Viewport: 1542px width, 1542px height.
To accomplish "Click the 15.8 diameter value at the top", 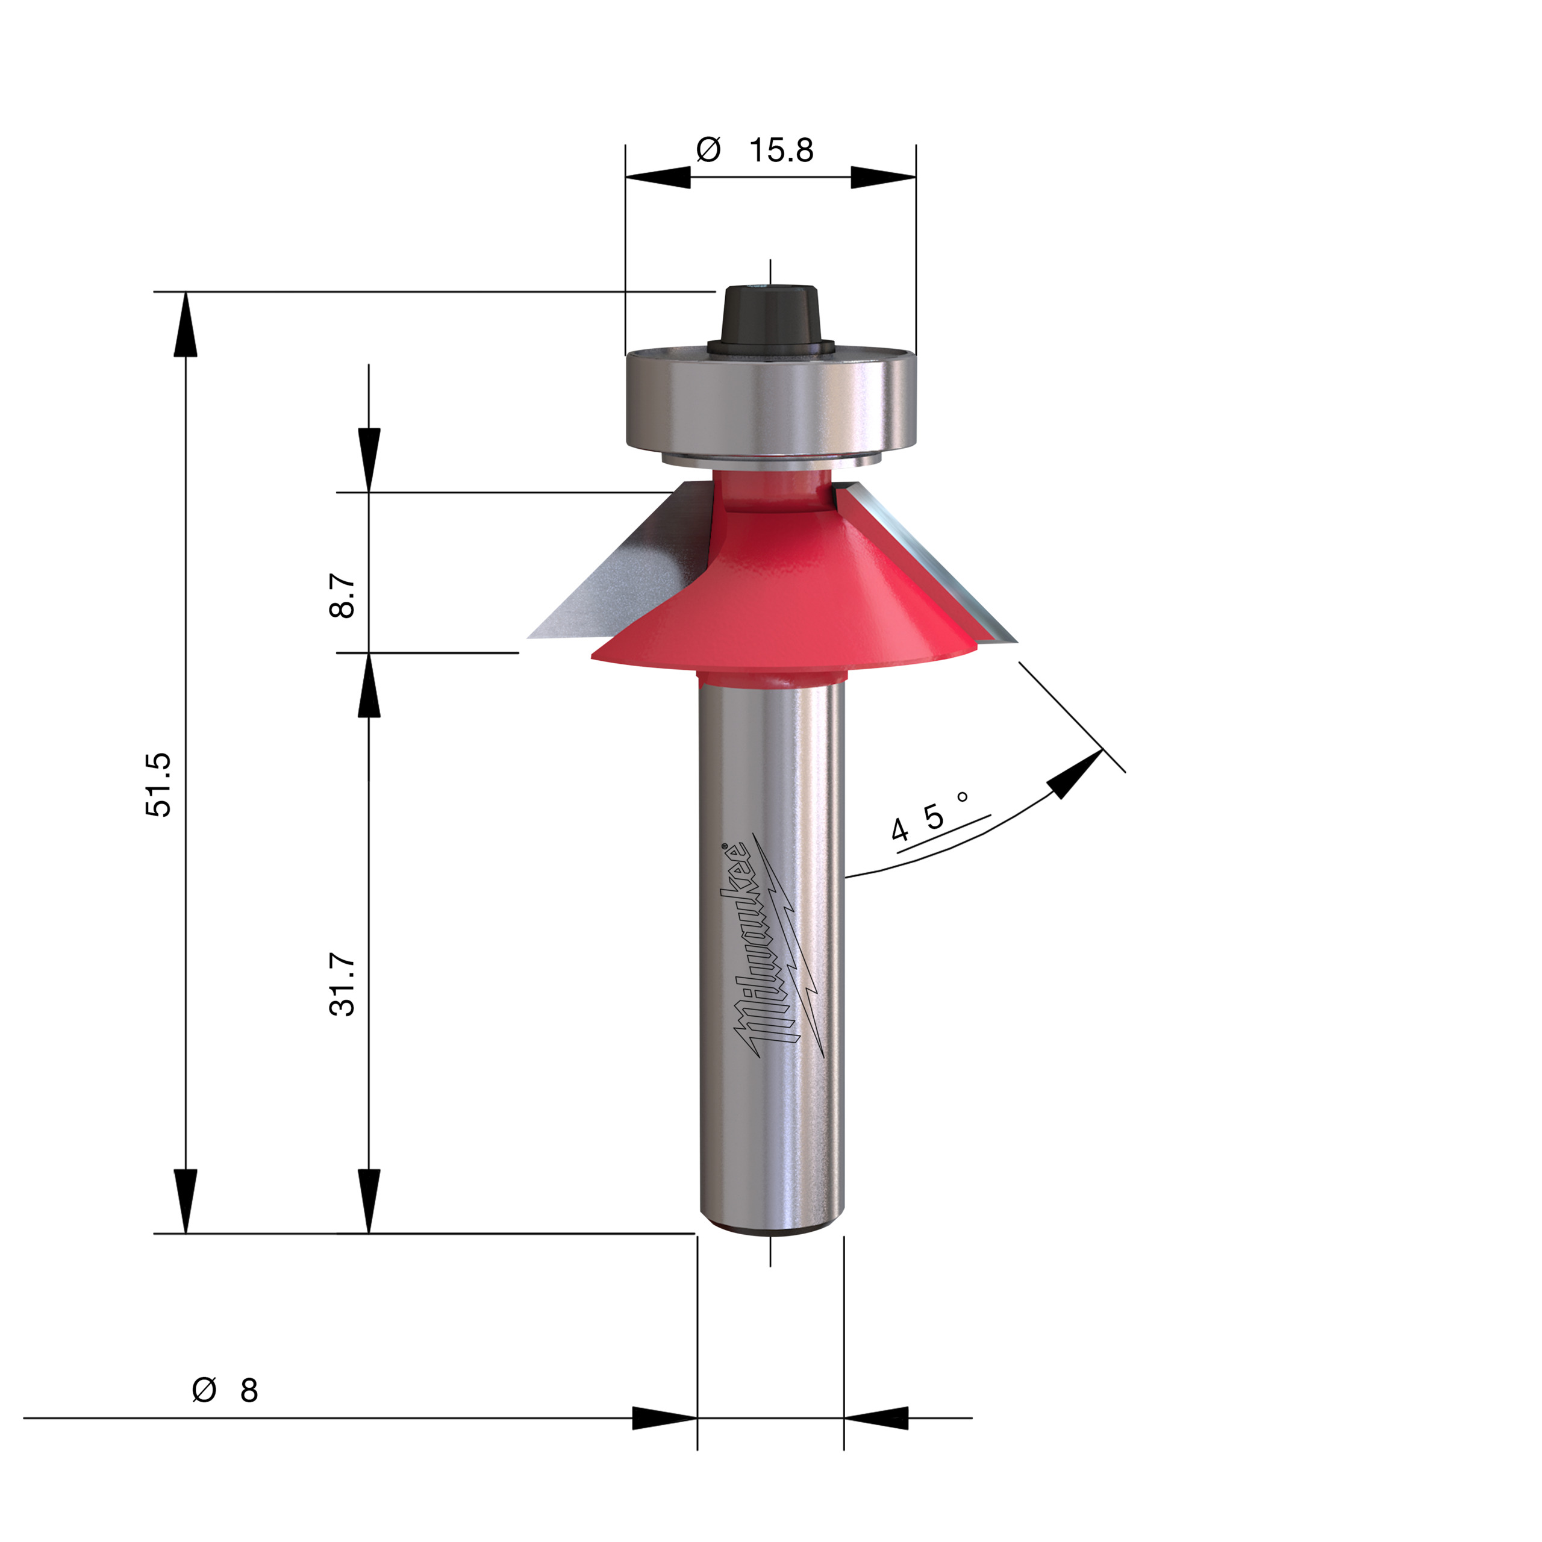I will tap(781, 150).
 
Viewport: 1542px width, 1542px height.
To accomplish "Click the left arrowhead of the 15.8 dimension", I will tap(658, 177).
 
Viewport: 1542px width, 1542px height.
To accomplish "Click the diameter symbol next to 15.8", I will tap(708, 150).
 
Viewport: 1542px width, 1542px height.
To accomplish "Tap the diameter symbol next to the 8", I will tap(204, 1390).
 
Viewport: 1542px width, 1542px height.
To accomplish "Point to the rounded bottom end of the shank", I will tap(770, 1227).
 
